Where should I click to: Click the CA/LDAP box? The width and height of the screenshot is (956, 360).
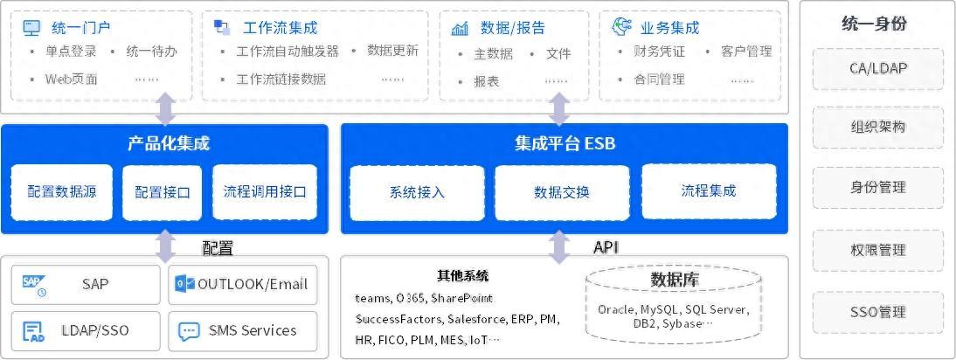click(x=877, y=68)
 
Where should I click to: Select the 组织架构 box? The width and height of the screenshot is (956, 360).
click(x=877, y=128)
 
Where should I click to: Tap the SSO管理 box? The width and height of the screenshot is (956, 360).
click(x=877, y=312)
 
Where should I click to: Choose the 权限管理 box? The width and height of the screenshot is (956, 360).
click(x=877, y=251)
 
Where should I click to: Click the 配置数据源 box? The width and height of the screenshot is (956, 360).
click(x=62, y=192)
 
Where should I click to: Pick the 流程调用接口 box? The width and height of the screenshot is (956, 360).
click(x=265, y=192)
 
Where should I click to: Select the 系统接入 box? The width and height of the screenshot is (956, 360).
click(x=417, y=192)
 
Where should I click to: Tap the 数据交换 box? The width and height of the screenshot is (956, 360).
click(x=562, y=192)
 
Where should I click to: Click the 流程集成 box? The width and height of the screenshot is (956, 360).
click(x=709, y=191)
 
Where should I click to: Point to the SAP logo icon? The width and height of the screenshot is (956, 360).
click(x=34, y=284)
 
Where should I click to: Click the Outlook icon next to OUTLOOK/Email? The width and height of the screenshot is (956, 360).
click(x=184, y=284)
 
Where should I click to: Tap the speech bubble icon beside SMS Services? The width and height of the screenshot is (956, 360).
click(x=188, y=331)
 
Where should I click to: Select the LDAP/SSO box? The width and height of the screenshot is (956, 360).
click(x=86, y=331)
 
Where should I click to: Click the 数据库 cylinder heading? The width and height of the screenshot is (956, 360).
click(x=674, y=280)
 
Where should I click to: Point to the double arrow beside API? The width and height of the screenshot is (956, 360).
click(x=559, y=247)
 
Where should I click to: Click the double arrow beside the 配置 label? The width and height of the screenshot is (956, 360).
click(x=165, y=247)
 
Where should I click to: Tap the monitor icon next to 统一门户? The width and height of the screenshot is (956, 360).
click(x=31, y=28)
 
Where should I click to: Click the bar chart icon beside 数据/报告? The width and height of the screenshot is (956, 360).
click(x=460, y=28)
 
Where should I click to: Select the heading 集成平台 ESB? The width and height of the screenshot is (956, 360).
click(x=565, y=143)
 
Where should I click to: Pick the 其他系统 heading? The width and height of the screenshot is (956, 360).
click(x=462, y=277)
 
